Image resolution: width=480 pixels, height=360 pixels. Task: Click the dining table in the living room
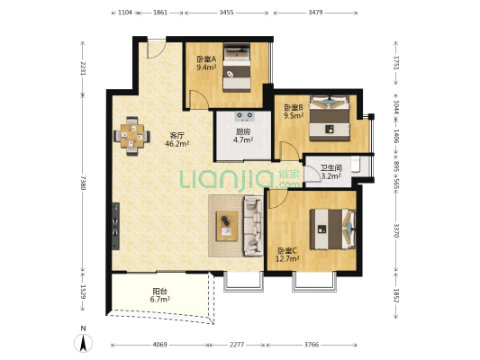(132, 136)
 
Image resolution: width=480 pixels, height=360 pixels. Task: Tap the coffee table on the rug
(227, 226)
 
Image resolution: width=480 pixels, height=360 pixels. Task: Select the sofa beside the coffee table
(253, 226)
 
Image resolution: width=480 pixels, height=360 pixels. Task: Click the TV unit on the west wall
(115, 226)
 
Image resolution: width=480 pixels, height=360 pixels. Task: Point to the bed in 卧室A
(237, 67)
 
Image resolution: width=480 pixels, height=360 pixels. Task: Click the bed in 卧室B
(330, 119)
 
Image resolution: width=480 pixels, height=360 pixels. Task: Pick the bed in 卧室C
(332, 229)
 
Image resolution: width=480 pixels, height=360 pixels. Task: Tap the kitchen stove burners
(245, 115)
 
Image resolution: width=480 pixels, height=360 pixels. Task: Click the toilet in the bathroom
(355, 164)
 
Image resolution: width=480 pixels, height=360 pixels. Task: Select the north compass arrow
(83, 343)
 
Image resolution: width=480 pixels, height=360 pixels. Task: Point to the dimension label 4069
(159, 345)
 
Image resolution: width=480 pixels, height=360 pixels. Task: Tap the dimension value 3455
(227, 13)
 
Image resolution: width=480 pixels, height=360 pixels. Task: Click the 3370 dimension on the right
(396, 230)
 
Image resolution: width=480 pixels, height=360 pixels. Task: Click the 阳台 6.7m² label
(159, 295)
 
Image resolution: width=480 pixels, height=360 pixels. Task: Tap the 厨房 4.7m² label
(243, 136)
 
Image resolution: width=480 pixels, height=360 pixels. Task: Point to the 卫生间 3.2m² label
(331, 172)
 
